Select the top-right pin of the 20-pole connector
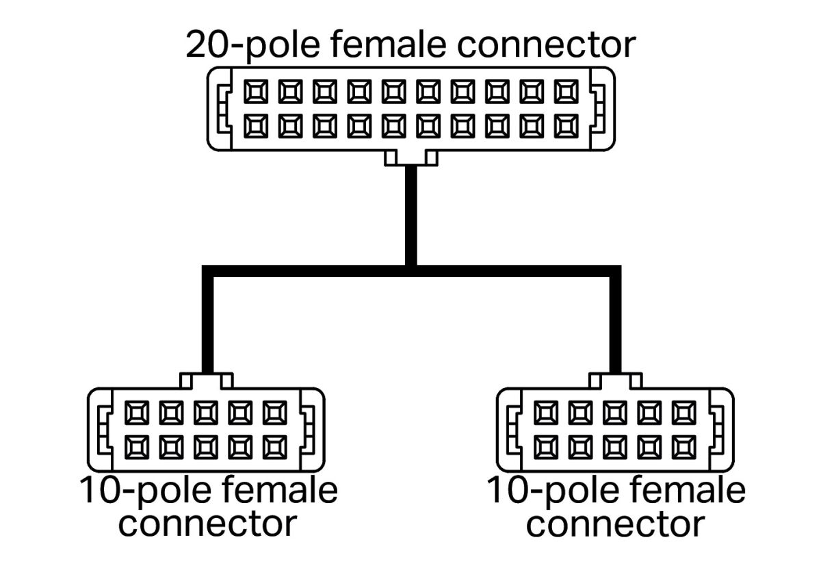(x=567, y=91)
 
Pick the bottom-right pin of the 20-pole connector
(x=567, y=125)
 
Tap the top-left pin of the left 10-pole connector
(x=136, y=412)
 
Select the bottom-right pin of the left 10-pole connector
(x=276, y=446)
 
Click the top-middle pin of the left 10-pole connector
(x=206, y=412)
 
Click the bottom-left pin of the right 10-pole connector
(x=545, y=446)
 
